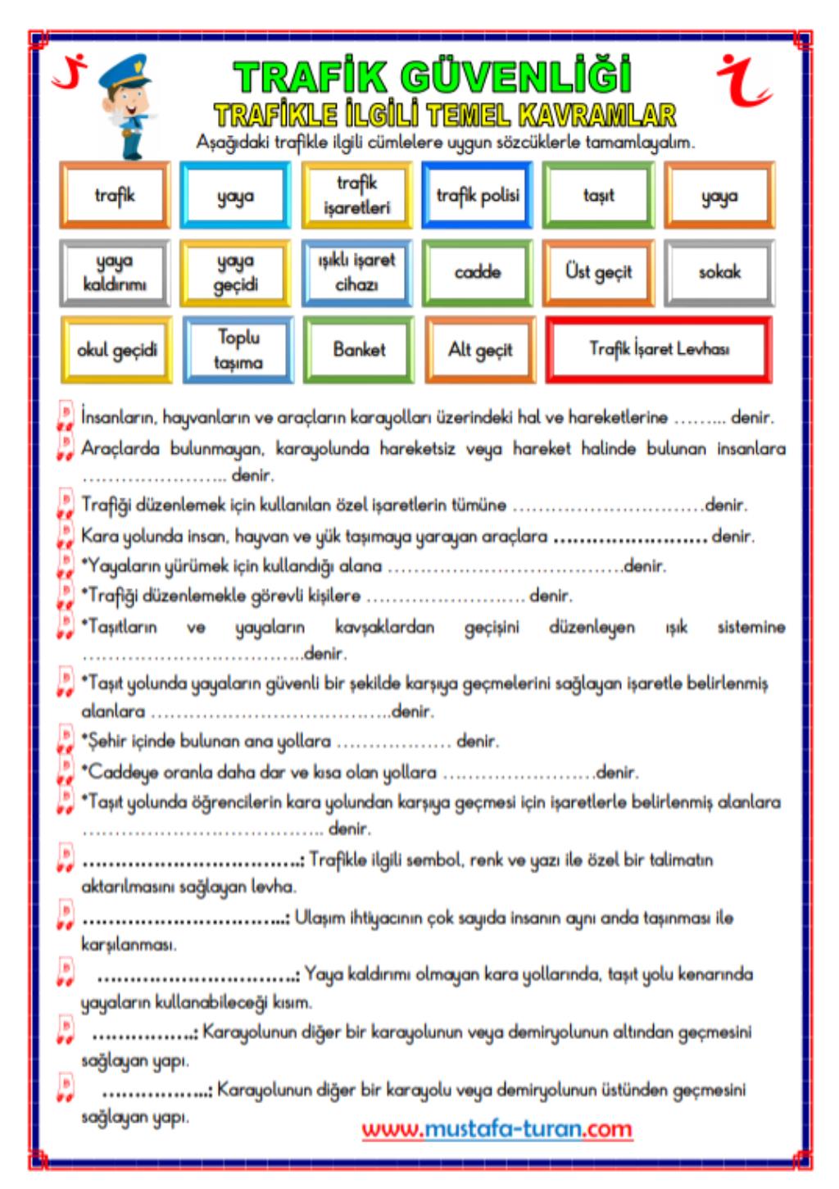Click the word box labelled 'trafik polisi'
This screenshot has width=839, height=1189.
click(478, 195)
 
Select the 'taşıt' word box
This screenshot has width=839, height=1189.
click(598, 195)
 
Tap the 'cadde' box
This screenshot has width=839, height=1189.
click(478, 272)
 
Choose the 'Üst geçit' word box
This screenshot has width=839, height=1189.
click(598, 272)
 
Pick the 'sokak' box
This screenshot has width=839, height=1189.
click(719, 272)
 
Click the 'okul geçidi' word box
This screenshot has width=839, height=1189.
click(116, 350)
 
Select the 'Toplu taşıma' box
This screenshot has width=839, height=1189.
click(238, 350)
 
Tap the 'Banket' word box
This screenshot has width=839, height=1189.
click(359, 350)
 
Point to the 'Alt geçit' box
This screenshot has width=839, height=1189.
click(480, 350)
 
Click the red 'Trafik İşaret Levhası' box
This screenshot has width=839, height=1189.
click(659, 350)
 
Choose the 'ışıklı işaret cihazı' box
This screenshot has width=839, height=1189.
click(356, 272)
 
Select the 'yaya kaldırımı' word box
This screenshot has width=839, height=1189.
click(115, 272)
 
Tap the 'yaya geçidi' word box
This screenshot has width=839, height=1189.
click(235, 272)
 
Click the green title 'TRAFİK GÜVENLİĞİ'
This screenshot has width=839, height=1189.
click(433, 78)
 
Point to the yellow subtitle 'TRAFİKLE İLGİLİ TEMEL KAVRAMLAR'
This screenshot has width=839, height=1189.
click(445, 115)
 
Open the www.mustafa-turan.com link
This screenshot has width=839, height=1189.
click(497, 1129)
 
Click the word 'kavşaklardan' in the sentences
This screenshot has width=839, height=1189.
click(384, 628)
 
